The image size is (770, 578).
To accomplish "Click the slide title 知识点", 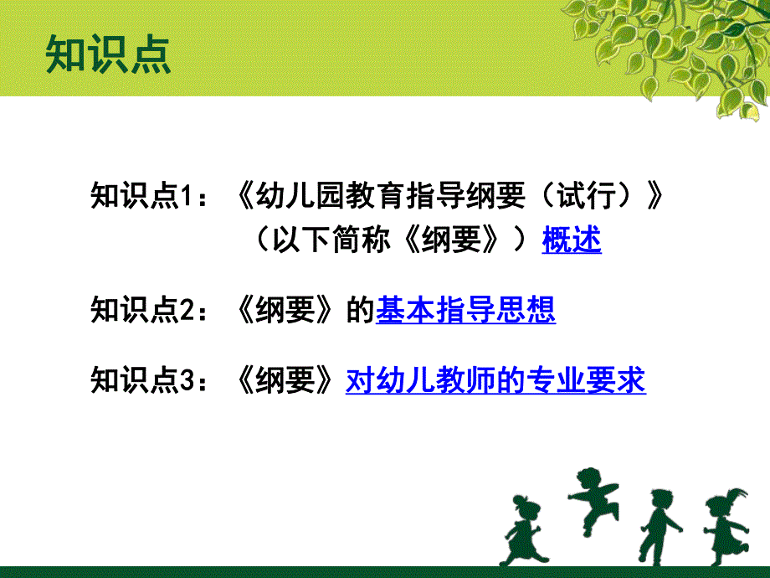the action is tap(108, 54).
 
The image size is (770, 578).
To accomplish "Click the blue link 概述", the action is tap(572, 240).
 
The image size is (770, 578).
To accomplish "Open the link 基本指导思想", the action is tap(465, 310).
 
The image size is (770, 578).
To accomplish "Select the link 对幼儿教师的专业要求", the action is tap(495, 380).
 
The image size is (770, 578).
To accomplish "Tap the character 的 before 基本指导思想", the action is tap(361, 310).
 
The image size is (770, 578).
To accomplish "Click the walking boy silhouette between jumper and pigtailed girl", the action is tap(659, 527).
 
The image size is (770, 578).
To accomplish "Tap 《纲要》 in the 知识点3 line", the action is tap(285, 380).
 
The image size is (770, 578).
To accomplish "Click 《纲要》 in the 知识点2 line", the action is tap(285, 310).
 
